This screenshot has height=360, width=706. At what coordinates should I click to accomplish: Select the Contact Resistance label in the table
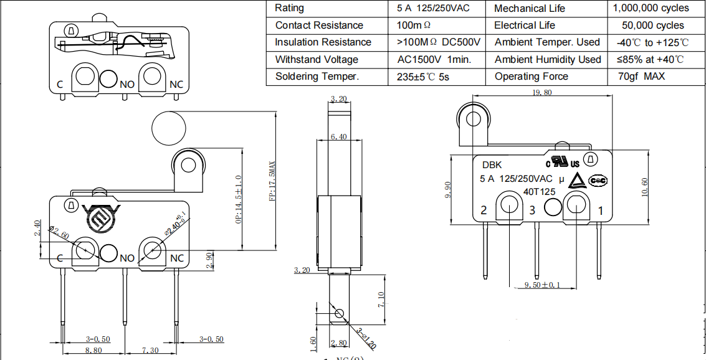click(x=319, y=26)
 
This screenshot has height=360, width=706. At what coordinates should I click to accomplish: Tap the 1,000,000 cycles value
click(x=651, y=8)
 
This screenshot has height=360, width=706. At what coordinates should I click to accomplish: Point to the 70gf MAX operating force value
click(x=641, y=77)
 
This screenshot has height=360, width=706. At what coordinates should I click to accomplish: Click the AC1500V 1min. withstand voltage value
click(x=434, y=60)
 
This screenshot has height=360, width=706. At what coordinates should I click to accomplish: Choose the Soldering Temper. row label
click(x=317, y=77)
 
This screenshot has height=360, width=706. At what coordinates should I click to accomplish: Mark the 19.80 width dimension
click(x=541, y=92)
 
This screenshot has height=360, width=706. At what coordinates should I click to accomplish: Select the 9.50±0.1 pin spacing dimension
click(x=541, y=285)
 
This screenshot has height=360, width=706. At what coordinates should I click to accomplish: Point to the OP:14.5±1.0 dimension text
click(x=239, y=200)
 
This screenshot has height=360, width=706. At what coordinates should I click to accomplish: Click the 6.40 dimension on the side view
click(x=340, y=137)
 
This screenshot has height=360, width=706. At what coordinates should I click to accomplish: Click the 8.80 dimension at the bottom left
click(x=93, y=351)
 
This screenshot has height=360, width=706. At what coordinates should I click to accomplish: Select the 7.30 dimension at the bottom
click(x=150, y=351)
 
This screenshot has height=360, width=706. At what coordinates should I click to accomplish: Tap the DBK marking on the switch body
click(x=492, y=165)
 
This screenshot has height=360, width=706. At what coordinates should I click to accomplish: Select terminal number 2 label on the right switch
click(x=484, y=210)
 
